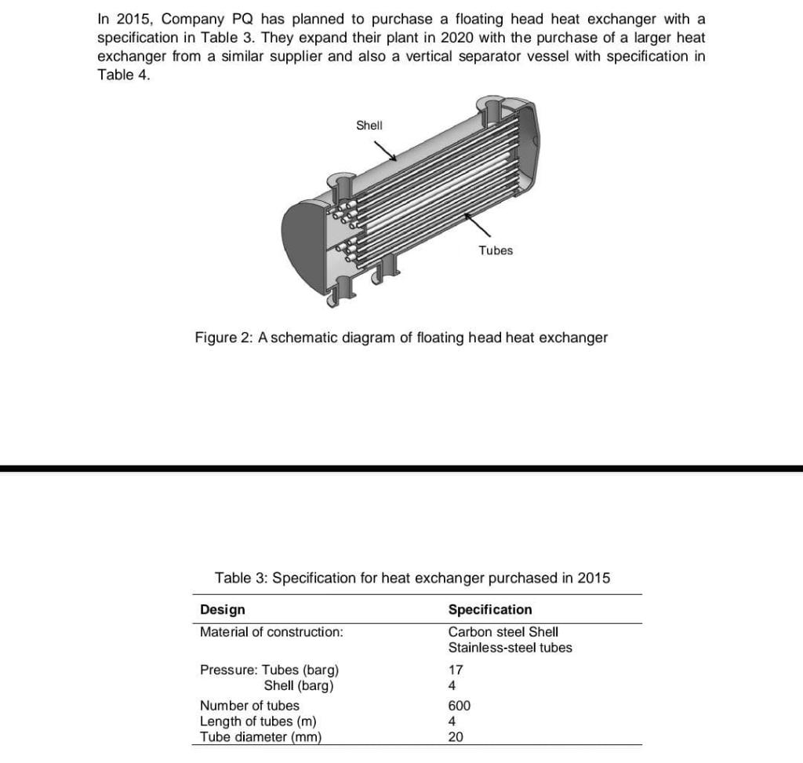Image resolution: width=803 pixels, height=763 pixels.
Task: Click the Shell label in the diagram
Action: (x=369, y=125)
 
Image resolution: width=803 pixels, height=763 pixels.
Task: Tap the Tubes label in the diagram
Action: (x=496, y=250)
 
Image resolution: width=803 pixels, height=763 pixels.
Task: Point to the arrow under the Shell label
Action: (x=385, y=150)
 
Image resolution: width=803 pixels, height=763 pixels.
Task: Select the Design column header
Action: (x=223, y=610)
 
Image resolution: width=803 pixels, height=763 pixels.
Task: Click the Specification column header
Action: (x=489, y=610)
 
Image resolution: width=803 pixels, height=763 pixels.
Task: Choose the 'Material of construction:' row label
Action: (x=271, y=632)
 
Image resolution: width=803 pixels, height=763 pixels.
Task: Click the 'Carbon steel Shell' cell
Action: (x=503, y=632)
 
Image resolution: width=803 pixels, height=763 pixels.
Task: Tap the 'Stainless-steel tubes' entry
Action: (x=510, y=648)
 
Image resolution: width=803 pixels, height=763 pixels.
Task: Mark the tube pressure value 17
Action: (x=456, y=670)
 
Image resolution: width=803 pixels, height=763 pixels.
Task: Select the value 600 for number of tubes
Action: (x=459, y=706)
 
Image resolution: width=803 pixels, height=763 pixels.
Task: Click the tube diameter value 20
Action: (x=456, y=737)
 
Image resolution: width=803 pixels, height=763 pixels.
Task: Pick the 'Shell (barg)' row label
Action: (x=299, y=686)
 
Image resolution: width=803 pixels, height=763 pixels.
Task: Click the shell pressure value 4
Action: (x=452, y=686)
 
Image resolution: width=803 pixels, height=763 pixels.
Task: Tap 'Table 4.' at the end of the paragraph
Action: (x=123, y=75)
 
